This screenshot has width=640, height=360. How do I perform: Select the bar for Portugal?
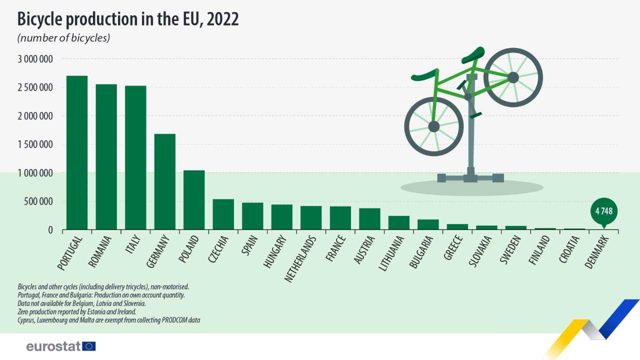coord(77,152)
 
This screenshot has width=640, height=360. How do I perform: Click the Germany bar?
coord(164,182)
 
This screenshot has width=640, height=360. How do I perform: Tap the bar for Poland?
coord(194,200)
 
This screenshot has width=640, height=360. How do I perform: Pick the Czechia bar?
coord(223,214)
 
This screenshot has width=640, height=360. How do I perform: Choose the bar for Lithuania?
coord(398,223)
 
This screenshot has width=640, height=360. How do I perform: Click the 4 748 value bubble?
coord(603,211)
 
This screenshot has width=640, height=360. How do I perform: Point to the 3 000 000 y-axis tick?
coord(35,59)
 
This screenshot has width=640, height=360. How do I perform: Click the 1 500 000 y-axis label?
coord(35,145)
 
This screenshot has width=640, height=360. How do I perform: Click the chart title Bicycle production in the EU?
coord(128,19)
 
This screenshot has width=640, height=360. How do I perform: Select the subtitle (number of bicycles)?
coord(63,38)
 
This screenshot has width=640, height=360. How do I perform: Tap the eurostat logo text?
coord(53,346)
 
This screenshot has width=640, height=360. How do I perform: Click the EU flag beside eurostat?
coord(89,346)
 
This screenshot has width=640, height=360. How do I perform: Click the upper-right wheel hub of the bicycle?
coord(513,77)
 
